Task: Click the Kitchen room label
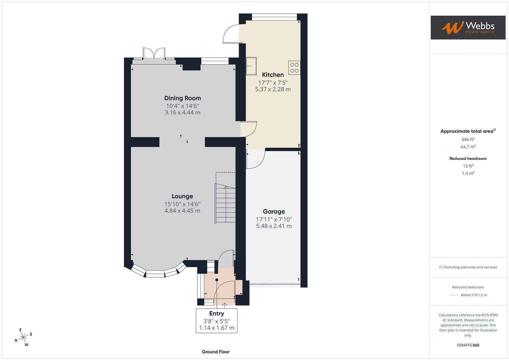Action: coord(273,75)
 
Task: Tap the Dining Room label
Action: coord(182,98)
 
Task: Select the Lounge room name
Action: coord(182,196)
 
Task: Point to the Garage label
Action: coord(274,211)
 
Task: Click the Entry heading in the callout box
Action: coord(216,313)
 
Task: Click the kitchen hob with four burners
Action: coord(294,68)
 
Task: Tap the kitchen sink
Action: coord(251,66)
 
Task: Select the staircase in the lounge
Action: coord(225,203)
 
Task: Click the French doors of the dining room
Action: coord(154,54)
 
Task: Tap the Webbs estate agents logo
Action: coord(468,27)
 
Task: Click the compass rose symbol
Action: coord(23,337)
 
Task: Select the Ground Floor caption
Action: coord(215,352)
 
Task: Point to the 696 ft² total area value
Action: coord(468,140)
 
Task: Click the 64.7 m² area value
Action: coord(468,147)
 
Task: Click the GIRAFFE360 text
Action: coord(468,345)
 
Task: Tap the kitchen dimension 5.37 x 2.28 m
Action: coord(273,89)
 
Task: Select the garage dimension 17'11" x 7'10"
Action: coord(274,219)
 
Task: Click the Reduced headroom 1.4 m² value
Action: coord(468,173)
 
